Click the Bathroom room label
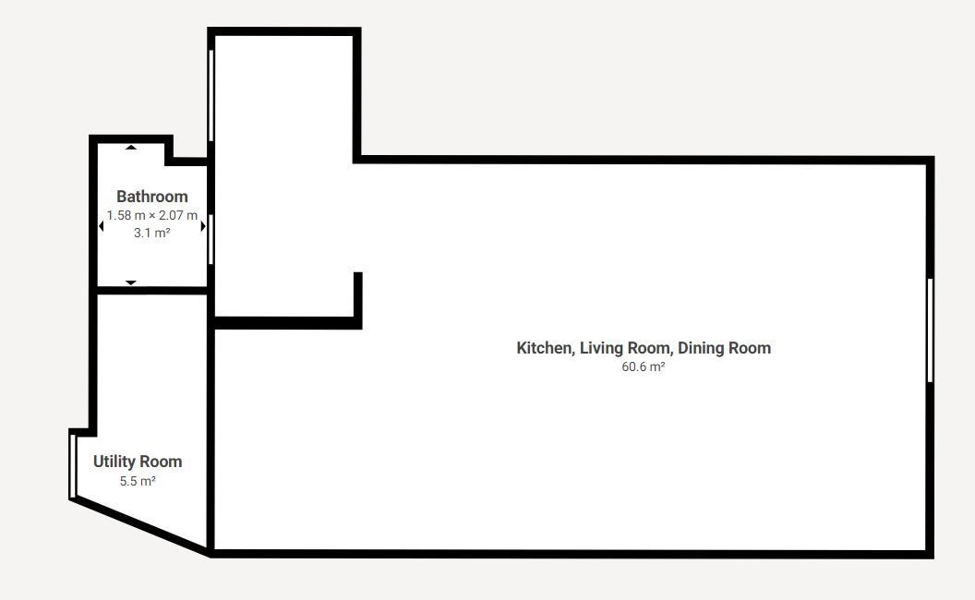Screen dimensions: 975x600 (x=152, y=197)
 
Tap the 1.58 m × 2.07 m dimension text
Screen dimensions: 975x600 (x=152, y=215)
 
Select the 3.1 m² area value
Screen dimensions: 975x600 (x=152, y=233)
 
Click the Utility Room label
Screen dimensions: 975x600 (x=138, y=462)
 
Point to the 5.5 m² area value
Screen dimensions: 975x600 (x=138, y=481)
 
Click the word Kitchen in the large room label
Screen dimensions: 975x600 (x=546, y=348)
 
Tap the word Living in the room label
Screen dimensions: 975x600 (x=601, y=348)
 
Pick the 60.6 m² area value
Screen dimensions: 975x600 (x=644, y=366)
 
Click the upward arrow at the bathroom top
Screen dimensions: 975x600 (x=130, y=148)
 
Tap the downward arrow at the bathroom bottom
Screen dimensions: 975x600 (x=130, y=282)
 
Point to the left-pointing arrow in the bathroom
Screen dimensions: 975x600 (x=102, y=226)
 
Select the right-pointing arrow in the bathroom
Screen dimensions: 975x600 (x=203, y=226)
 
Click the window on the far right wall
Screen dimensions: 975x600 (x=931, y=330)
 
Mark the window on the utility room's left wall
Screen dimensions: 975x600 (x=73, y=466)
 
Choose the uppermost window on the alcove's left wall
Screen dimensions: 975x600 (x=211, y=96)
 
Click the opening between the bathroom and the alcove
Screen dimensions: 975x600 (x=211, y=239)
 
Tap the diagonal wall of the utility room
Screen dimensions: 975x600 (x=139, y=525)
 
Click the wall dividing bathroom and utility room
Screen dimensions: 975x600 (x=152, y=291)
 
